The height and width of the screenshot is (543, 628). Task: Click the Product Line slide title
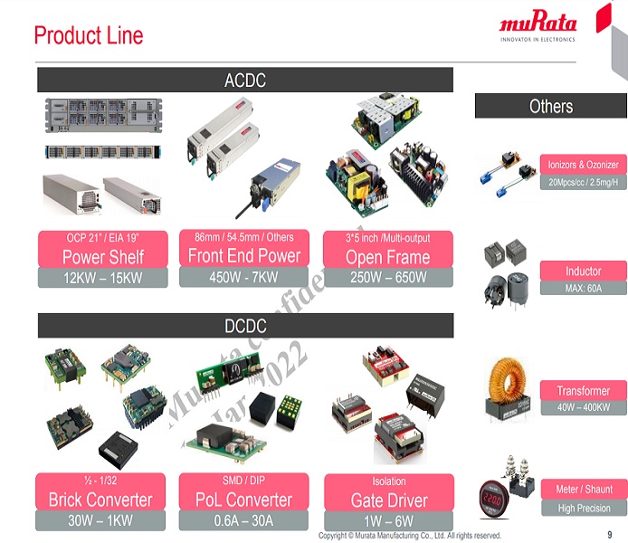point(89,35)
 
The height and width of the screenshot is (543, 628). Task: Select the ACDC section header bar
point(244,81)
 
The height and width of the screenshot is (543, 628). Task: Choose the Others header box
point(550,106)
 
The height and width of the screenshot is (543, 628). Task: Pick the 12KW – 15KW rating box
point(102,278)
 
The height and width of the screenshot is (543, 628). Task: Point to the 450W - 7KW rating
point(244,278)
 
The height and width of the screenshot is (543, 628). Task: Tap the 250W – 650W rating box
point(387,278)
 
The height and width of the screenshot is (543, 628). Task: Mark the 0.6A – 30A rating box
point(244,520)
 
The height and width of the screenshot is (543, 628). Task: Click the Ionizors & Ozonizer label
point(583,165)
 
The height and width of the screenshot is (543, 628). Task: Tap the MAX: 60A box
point(583,288)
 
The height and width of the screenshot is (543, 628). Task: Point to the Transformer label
point(583,391)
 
